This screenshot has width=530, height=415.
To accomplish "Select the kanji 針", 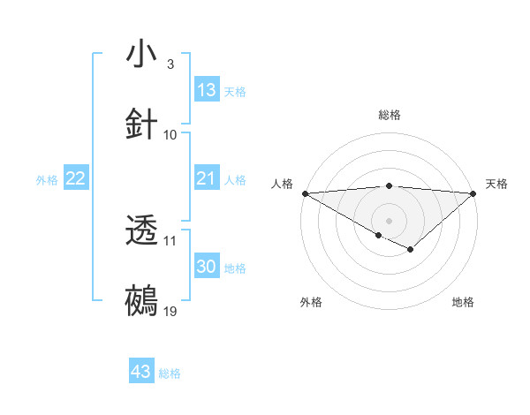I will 142,124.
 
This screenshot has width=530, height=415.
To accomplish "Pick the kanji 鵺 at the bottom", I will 142,301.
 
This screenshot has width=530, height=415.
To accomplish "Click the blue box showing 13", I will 207,90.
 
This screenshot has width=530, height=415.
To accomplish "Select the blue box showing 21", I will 207,179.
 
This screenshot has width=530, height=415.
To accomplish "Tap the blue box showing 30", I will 207,268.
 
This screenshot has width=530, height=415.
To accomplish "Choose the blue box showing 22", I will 76,179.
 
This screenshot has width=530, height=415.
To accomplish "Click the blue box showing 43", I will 141,372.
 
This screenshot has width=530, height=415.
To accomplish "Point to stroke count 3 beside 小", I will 170,64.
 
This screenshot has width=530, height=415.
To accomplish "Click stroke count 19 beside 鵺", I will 170,312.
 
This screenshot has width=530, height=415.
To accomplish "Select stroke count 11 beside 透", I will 170,240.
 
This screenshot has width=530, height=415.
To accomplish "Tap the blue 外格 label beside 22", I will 47,180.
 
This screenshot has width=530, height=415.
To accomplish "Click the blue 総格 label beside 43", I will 170,373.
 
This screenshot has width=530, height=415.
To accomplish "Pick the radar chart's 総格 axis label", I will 390,115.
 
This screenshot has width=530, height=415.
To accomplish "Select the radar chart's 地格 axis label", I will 463,302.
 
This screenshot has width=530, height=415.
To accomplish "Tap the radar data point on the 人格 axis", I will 305,192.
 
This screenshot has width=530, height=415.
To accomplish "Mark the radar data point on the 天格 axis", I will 473,192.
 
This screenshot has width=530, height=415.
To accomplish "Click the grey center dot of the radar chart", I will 389,220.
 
